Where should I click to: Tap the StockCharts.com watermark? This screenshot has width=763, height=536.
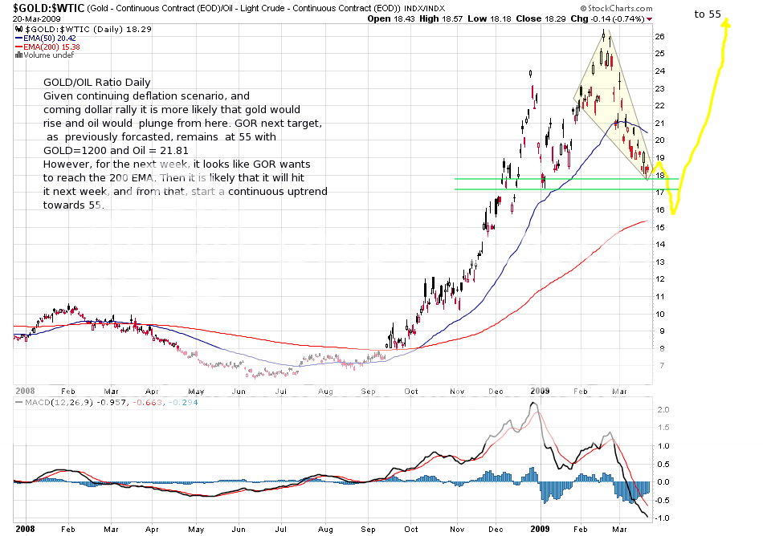point(622,8)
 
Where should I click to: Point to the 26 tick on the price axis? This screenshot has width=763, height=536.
point(659,36)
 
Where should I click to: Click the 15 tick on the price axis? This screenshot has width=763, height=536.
point(659,228)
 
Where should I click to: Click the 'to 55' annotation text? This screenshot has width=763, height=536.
point(708,14)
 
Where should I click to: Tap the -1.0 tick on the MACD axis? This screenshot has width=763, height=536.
point(659,518)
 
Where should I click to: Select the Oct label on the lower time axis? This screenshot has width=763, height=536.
point(412,529)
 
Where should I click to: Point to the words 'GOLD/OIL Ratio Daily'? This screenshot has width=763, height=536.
point(96,83)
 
